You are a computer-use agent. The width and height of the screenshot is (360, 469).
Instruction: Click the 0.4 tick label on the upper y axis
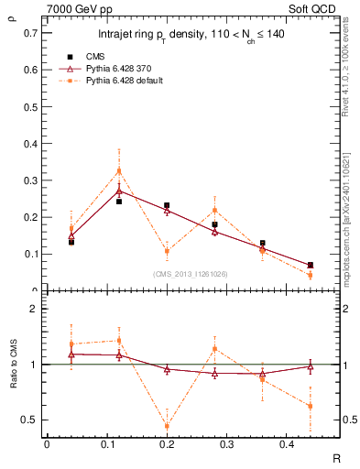coord(30,143)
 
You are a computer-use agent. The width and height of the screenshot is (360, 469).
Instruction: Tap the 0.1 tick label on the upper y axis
coord(30,254)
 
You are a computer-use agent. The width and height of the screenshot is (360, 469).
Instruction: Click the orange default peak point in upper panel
coord(118,170)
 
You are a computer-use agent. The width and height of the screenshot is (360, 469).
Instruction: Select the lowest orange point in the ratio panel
coord(167,426)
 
